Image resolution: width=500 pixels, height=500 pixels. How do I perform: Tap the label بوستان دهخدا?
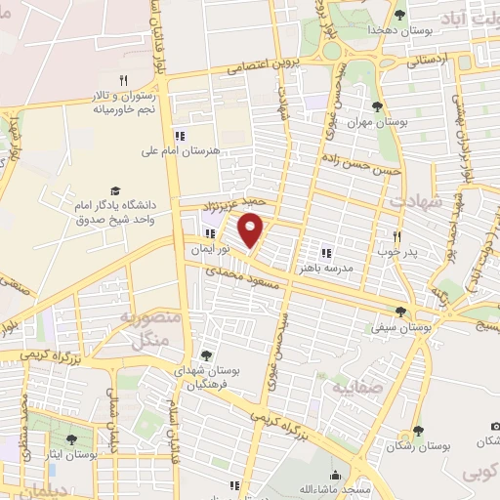pos(398,30)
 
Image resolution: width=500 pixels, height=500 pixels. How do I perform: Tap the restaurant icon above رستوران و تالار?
pos(123,80)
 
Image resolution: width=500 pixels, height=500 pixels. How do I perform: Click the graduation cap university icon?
pos(115,190)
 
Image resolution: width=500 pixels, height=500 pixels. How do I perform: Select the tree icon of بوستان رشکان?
pos(418,431)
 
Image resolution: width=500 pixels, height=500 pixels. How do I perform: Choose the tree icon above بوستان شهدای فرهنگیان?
pos(206,355)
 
